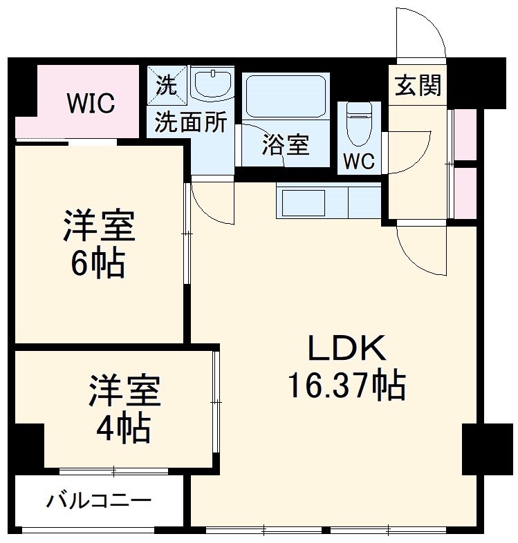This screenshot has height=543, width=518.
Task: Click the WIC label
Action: point(91,104)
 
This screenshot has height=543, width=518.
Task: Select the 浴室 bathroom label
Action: point(285,145)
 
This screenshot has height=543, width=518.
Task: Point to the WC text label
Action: point(359,162)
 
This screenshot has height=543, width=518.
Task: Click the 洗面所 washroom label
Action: point(190,122)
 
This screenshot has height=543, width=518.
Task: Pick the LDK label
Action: point(346,349)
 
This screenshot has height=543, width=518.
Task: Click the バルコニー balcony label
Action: point(98,500)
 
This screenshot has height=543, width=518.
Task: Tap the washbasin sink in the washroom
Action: point(212,86)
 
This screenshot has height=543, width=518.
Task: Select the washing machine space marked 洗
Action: point(167,85)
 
